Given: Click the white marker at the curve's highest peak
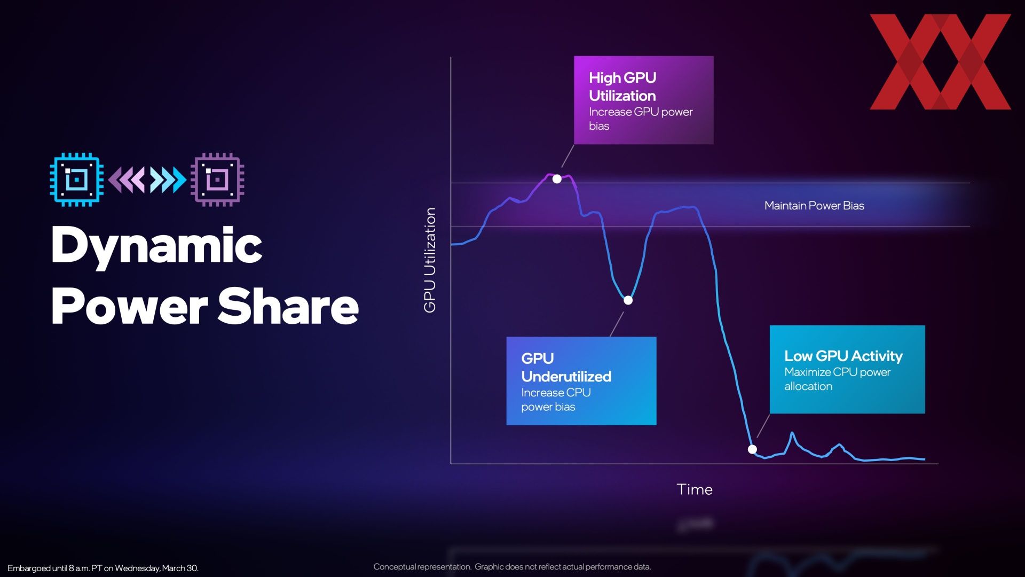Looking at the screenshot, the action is tap(557, 179).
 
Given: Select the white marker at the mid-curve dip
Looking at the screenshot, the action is tap(628, 300).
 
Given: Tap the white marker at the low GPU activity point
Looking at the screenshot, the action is tap(752, 449).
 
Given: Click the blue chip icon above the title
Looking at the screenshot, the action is tap(76, 180).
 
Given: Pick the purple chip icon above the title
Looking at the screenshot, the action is tap(218, 180).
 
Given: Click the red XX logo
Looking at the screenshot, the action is tap(940, 62).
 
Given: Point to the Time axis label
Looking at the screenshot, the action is tap(695, 489).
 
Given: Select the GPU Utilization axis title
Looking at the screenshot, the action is tap(430, 260).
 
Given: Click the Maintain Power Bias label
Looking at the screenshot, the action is tap(814, 206).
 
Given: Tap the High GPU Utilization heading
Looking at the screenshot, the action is tap(622, 87).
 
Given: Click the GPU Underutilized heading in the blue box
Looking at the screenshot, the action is tap(566, 367).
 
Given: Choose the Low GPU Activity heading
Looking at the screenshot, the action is tap(843, 356).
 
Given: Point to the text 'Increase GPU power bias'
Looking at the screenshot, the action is tap(641, 119).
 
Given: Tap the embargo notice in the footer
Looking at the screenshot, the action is tap(103, 568).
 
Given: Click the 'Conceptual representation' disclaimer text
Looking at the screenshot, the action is tap(512, 566).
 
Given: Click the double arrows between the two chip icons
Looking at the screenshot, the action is tap(147, 180).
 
